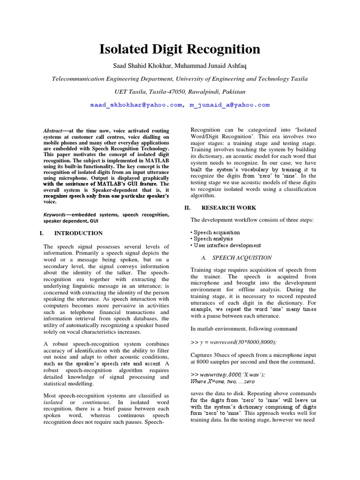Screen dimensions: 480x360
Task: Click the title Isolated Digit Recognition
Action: (x=180, y=49)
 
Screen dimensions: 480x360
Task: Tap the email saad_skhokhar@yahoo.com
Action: (x=136, y=105)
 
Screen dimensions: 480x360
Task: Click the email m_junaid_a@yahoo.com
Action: (x=230, y=105)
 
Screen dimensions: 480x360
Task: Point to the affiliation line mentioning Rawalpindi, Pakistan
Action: (x=180, y=91)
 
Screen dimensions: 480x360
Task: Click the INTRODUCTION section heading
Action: (x=78, y=233)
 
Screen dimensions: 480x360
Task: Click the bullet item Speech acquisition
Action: (x=215, y=232)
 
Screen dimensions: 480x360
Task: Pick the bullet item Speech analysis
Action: (x=212, y=239)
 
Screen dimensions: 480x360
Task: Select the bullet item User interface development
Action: (x=225, y=245)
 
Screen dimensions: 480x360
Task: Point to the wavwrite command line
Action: (x=228, y=375)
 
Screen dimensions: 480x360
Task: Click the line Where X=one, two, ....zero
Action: (x=223, y=382)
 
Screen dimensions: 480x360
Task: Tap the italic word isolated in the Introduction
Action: (x=52, y=403)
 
